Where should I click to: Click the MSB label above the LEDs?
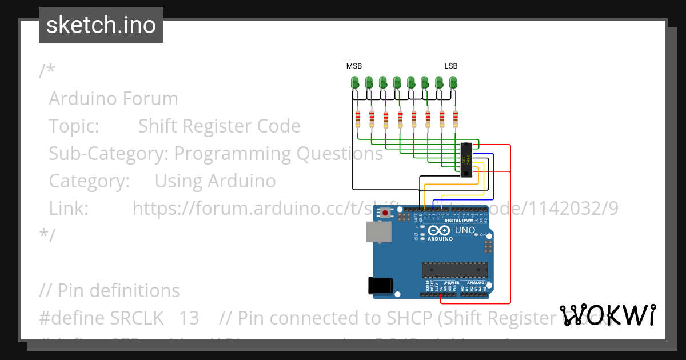point(354,66)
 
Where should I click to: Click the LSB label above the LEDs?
point(451,66)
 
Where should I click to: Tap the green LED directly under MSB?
point(354,83)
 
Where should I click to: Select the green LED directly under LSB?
point(453,83)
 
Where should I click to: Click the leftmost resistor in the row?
point(358,119)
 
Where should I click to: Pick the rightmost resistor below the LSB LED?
point(456,119)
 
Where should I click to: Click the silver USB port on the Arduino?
point(379,231)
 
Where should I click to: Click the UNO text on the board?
point(464,230)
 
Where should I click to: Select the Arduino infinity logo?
point(439,230)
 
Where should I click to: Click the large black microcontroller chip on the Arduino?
point(455,269)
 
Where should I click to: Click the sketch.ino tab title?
point(101,25)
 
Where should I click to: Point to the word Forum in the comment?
point(151,99)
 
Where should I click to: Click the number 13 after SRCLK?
point(189,318)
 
